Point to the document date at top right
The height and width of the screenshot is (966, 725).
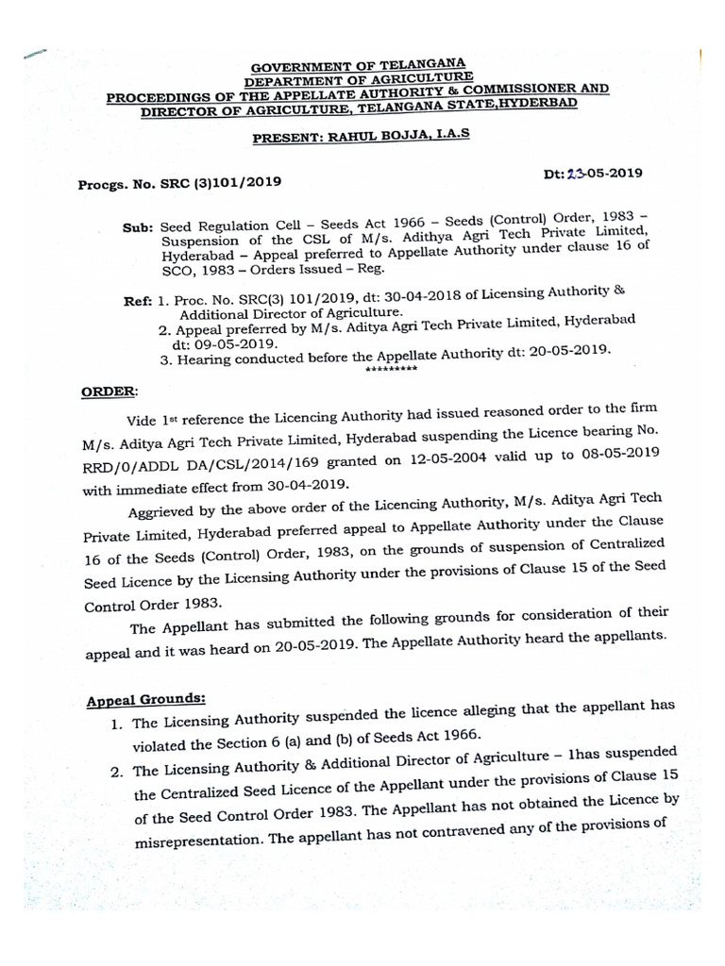coord(592,173)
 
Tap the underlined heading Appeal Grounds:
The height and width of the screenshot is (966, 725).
coord(146,700)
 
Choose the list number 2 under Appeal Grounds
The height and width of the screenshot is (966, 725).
coord(116,773)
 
